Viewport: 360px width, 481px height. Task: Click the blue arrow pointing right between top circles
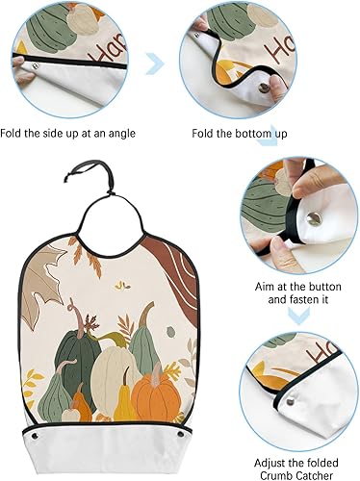coord(153,64)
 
